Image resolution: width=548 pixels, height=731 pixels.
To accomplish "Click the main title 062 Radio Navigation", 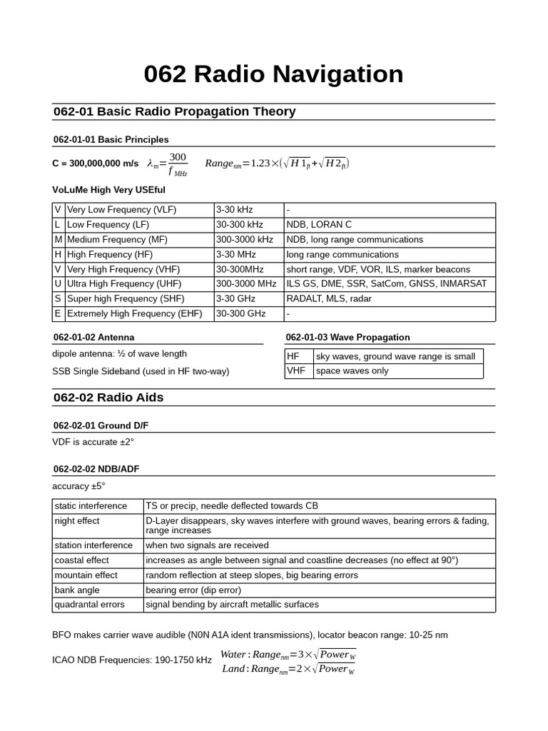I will (x=273, y=74).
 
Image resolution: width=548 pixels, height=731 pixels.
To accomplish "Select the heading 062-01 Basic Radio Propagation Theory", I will (x=174, y=111).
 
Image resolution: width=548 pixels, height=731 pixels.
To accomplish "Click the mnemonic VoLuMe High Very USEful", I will (x=108, y=190).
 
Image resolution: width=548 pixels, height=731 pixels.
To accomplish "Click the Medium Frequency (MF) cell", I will (x=116, y=240).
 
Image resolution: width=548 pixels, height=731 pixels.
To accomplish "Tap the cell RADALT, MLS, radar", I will (x=329, y=299).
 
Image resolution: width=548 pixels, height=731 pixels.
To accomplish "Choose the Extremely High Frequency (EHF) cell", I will (x=134, y=314).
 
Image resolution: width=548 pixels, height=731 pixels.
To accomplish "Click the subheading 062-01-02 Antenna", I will (x=93, y=337).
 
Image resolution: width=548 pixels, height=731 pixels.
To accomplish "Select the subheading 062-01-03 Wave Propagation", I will (x=347, y=337).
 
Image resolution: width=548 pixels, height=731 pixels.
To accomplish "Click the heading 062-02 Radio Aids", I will (x=108, y=398).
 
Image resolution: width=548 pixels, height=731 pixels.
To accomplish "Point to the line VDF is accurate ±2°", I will (x=93, y=443).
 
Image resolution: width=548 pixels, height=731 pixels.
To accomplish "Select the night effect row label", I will (x=77, y=521).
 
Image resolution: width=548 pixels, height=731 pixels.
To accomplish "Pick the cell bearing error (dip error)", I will (x=193, y=590).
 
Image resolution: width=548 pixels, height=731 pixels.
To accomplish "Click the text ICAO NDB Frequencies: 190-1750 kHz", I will (x=132, y=660).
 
